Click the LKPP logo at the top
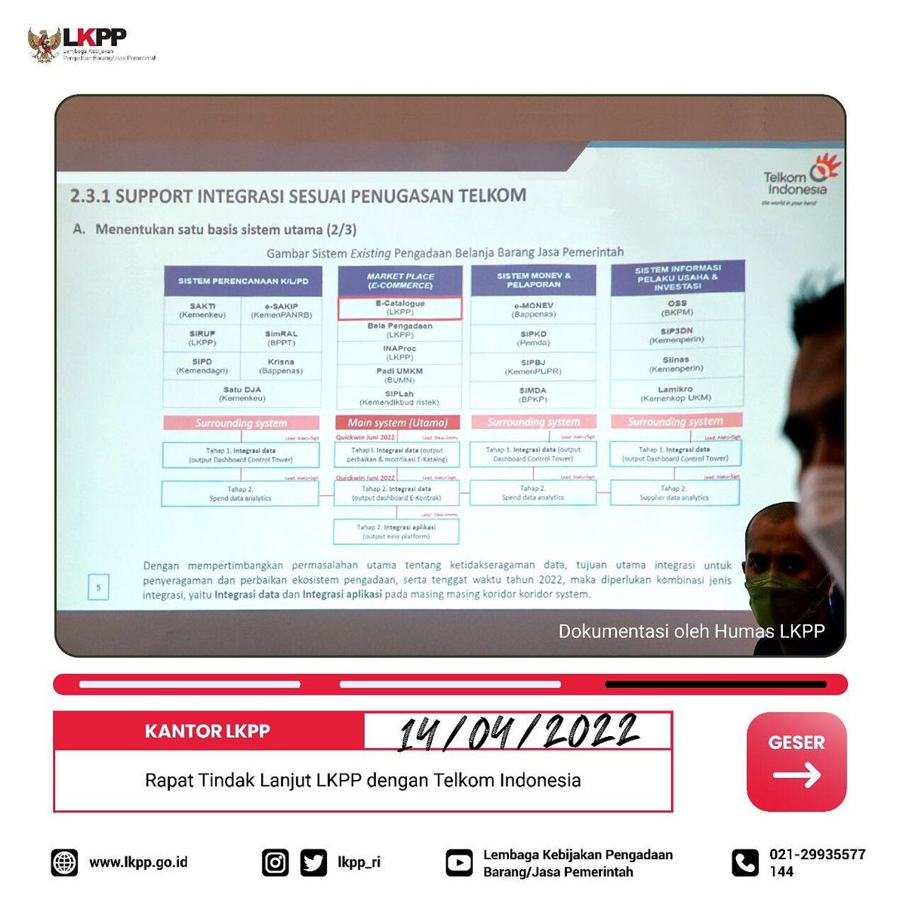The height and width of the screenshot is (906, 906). [x=91, y=45]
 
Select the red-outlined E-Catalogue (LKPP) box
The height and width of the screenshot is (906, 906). [x=399, y=308]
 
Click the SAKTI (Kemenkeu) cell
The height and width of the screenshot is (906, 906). [x=202, y=310]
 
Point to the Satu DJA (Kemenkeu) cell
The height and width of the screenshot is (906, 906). [x=242, y=393]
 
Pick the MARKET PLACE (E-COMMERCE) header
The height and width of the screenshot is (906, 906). [x=400, y=281]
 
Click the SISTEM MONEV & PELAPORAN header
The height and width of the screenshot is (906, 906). [x=534, y=280]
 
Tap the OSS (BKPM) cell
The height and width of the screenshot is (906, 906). [x=677, y=308]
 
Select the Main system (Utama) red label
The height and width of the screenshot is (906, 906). [x=397, y=423]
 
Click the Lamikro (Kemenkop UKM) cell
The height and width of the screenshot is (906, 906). [x=676, y=393]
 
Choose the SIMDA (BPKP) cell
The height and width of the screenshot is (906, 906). [x=533, y=394]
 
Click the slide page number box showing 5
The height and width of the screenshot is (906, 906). [x=98, y=587]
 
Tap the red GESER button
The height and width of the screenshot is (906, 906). [x=796, y=761]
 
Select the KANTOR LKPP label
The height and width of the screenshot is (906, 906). [x=208, y=731]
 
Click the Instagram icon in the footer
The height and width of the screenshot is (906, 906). [x=275, y=862]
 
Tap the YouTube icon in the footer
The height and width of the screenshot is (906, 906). [x=458, y=862]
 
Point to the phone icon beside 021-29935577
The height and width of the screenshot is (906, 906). [x=745, y=862]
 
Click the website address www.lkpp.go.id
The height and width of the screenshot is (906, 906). [x=138, y=862]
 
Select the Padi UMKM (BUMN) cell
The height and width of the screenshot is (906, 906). [x=399, y=375]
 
